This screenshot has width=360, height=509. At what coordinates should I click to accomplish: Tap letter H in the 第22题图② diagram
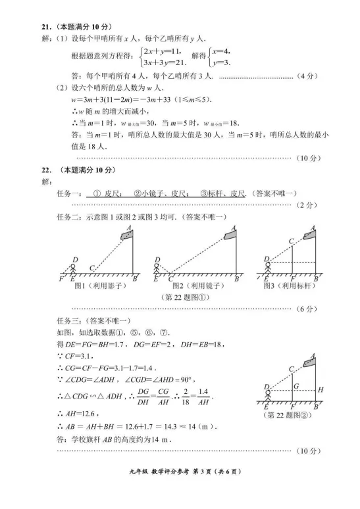pyautogui.click(x=320, y=389)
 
